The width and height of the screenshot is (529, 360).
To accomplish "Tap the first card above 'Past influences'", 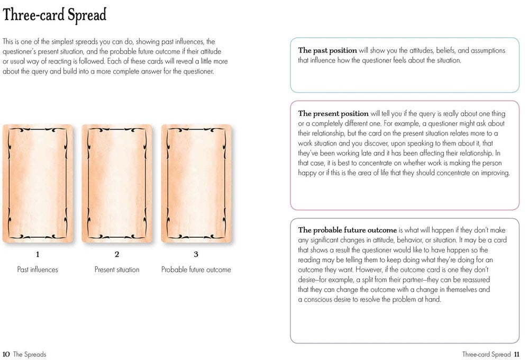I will (x=37, y=183).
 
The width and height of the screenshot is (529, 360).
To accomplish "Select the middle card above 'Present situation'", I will (x=117, y=183).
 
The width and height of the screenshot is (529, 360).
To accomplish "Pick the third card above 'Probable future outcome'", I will (x=196, y=183).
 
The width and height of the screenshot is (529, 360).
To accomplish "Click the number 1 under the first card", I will (x=37, y=254).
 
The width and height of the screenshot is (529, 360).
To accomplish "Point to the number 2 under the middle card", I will (x=117, y=254).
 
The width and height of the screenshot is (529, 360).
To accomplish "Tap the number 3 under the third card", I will (x=196, y=254).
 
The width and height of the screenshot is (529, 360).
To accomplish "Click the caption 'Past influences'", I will (x=37, y=269).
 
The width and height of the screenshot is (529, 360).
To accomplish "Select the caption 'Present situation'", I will (x=117, y=269).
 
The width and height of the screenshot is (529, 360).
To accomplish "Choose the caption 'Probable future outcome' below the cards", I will (x=196, y=269).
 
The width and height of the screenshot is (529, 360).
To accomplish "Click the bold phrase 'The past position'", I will (x=327, y=51).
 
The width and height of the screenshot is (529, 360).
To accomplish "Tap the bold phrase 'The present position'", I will (x=333, y=114).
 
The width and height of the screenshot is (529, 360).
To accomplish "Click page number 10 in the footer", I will (x=6, y=354).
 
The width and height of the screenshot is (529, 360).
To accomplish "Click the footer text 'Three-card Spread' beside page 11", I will (x=486, y=354).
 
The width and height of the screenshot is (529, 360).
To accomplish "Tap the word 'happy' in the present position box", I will (x=308, y=173).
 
